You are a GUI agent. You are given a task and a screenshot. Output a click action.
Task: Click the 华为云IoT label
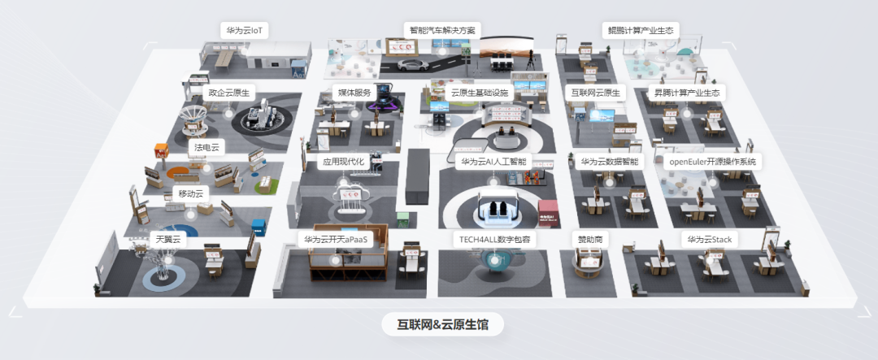(x=246, y=31)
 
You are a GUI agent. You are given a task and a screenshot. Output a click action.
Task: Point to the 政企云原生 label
(x=228, y=93)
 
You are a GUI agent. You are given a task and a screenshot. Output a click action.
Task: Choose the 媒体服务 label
(x=354, y=93)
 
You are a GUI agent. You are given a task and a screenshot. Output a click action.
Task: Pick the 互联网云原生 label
(x=593, y=93)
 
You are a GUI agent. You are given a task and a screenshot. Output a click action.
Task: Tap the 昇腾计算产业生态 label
(x=687, y=93)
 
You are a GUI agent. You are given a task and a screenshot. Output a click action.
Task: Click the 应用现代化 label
(x=344, y=162)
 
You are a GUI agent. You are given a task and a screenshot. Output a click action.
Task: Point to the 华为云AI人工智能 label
(x=494, y=162)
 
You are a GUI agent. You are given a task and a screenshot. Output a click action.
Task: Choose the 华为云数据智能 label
(x=610, y=162)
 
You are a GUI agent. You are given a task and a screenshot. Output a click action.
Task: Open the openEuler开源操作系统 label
(x=712, y=162)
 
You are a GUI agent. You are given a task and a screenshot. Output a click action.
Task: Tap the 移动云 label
(x=193, y=194)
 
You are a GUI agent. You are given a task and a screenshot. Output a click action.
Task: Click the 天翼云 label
(x=168, y=240)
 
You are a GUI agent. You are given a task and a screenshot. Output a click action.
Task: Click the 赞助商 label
(x=589, y=240)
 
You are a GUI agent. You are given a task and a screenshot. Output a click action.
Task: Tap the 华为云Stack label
(x=710, y=240)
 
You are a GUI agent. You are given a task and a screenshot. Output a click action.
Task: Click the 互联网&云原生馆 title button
(x=442, y=324)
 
